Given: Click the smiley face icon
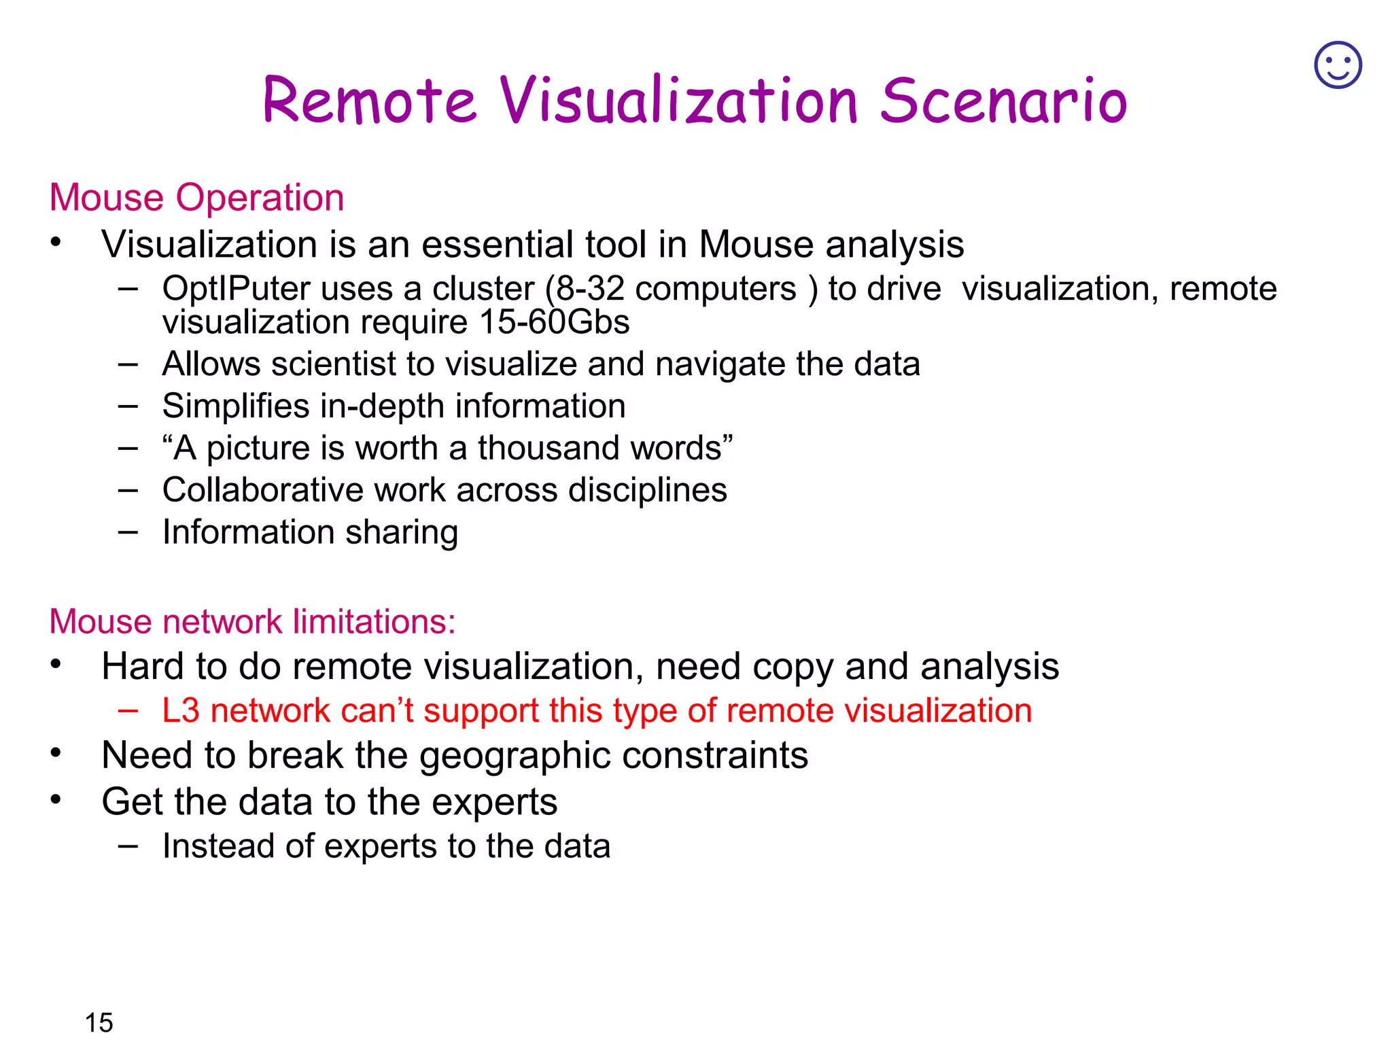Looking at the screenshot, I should (x=1338, y=65).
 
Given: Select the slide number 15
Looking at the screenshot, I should (x=99, y=1022).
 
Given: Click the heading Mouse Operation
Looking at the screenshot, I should (x=196, y=198).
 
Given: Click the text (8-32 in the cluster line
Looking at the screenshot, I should (x=585, y=288).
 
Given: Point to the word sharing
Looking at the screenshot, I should (x=401, y=532).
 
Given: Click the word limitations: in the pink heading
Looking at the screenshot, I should (x=374, y=621).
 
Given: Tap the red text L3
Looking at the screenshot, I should (x=181, y=711).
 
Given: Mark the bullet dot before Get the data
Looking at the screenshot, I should (x=56, y=799).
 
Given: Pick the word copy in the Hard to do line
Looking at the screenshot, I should (x=793, y=667).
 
